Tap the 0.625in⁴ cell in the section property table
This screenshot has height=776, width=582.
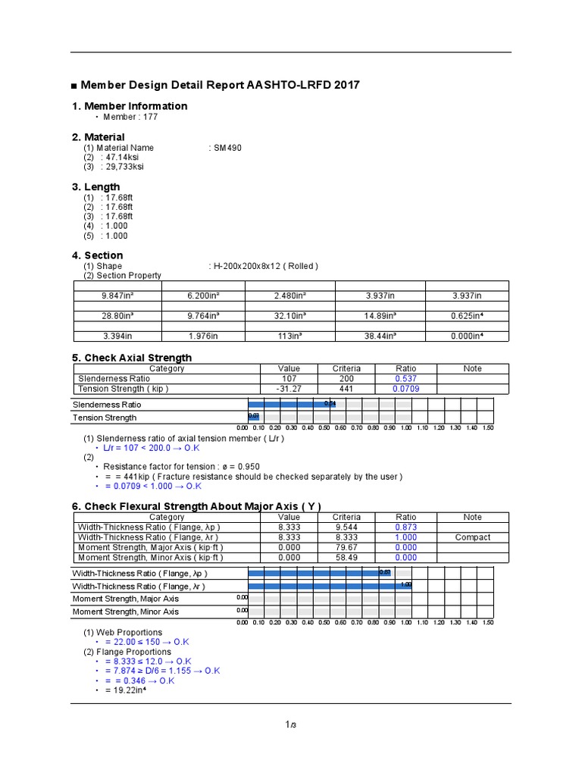point(467,315)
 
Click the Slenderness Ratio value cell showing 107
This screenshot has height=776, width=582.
point(289,378)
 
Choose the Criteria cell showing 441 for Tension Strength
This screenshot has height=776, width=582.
point(346,389)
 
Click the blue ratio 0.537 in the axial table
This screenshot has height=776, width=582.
point(405,378)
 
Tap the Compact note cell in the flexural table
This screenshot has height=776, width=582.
point(473,537)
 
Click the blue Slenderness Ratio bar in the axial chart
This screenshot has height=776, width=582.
point(291,404)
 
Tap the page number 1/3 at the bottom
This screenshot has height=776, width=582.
point(290,726)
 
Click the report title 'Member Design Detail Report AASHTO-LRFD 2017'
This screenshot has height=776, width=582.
point(220,85)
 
